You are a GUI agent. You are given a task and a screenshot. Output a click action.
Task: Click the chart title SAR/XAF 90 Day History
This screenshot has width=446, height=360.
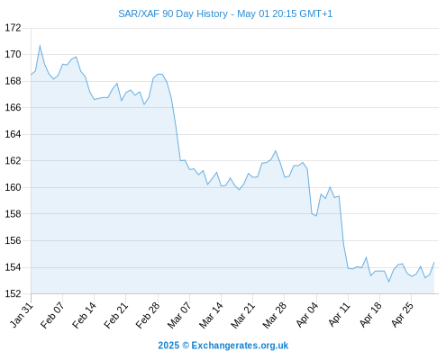[x=173, y=13]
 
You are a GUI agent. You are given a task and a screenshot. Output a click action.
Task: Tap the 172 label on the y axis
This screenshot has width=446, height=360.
[x=14, y=28]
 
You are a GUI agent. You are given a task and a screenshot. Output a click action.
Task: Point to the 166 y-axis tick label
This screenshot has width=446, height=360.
[x=14, y=107]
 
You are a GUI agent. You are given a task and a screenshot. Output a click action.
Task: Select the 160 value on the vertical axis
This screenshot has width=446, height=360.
[x=14, y=187]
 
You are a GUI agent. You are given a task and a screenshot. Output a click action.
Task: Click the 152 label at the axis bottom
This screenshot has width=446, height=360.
[x=14, y=293]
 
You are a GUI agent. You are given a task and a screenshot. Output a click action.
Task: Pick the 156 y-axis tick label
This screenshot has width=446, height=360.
[x=14, y=240]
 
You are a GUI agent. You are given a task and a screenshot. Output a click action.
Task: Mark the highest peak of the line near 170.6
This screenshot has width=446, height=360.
[x=40, y=46]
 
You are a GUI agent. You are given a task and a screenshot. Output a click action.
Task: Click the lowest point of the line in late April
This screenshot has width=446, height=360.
[x=388, y=282]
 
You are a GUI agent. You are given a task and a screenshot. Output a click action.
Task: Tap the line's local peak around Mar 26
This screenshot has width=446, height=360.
[x=276, y=151]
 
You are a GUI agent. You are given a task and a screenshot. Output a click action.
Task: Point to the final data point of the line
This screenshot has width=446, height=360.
[x=434, y=262]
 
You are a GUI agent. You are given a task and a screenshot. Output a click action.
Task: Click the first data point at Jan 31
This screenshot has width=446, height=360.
[x=31, y=75]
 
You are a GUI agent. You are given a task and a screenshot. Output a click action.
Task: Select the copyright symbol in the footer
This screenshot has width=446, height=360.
[x=186, y=346]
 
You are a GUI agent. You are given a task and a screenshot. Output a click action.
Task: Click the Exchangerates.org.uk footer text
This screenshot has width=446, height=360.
[x=240, y=346]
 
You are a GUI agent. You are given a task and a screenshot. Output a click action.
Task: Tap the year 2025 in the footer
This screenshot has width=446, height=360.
[x=168, y=346]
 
